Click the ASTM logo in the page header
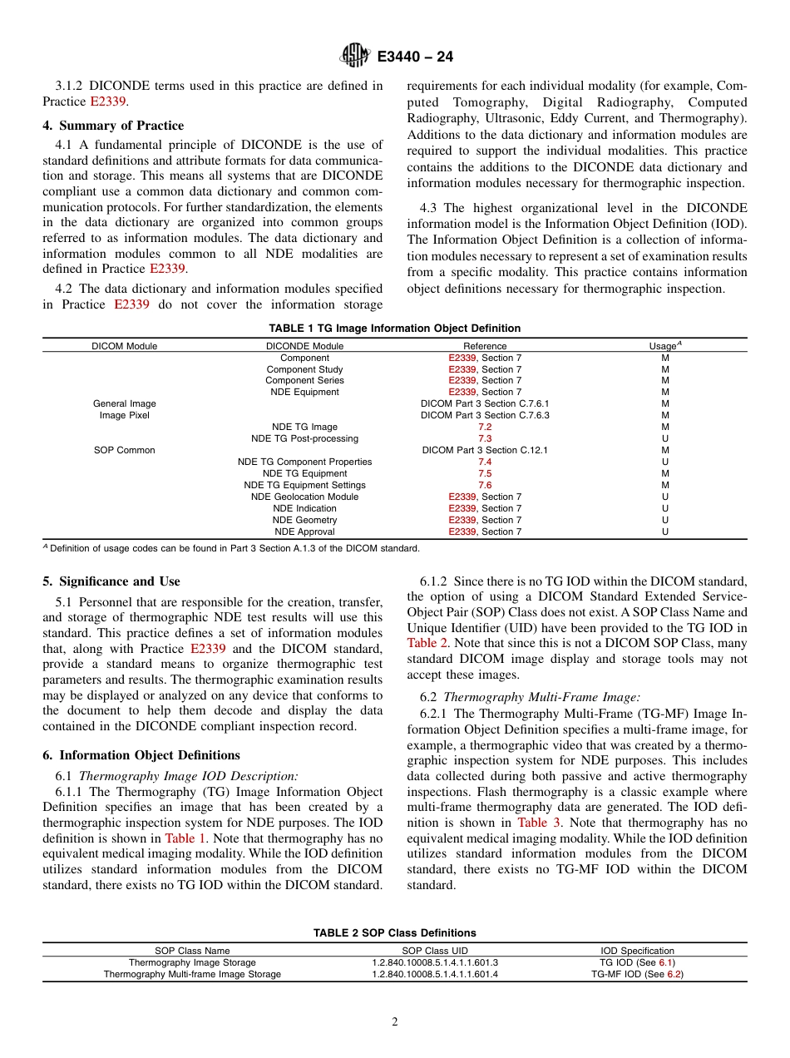click(355, 57)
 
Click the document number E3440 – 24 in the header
click(415, 57)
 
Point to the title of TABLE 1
click(394, 329)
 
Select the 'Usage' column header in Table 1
click(664, 346)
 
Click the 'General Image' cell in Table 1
click(125, 403)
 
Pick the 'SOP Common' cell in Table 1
click(125, 450)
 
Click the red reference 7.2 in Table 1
click(485, 427)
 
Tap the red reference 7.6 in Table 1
click(485, 485)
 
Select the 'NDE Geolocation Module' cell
click(304, 497)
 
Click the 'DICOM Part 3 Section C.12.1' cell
click(485, 450)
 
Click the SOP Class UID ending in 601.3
click(435, 962)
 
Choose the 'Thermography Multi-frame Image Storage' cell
click(192, 974)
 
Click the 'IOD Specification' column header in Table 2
click(637, 951)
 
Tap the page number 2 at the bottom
click(395, 1022)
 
